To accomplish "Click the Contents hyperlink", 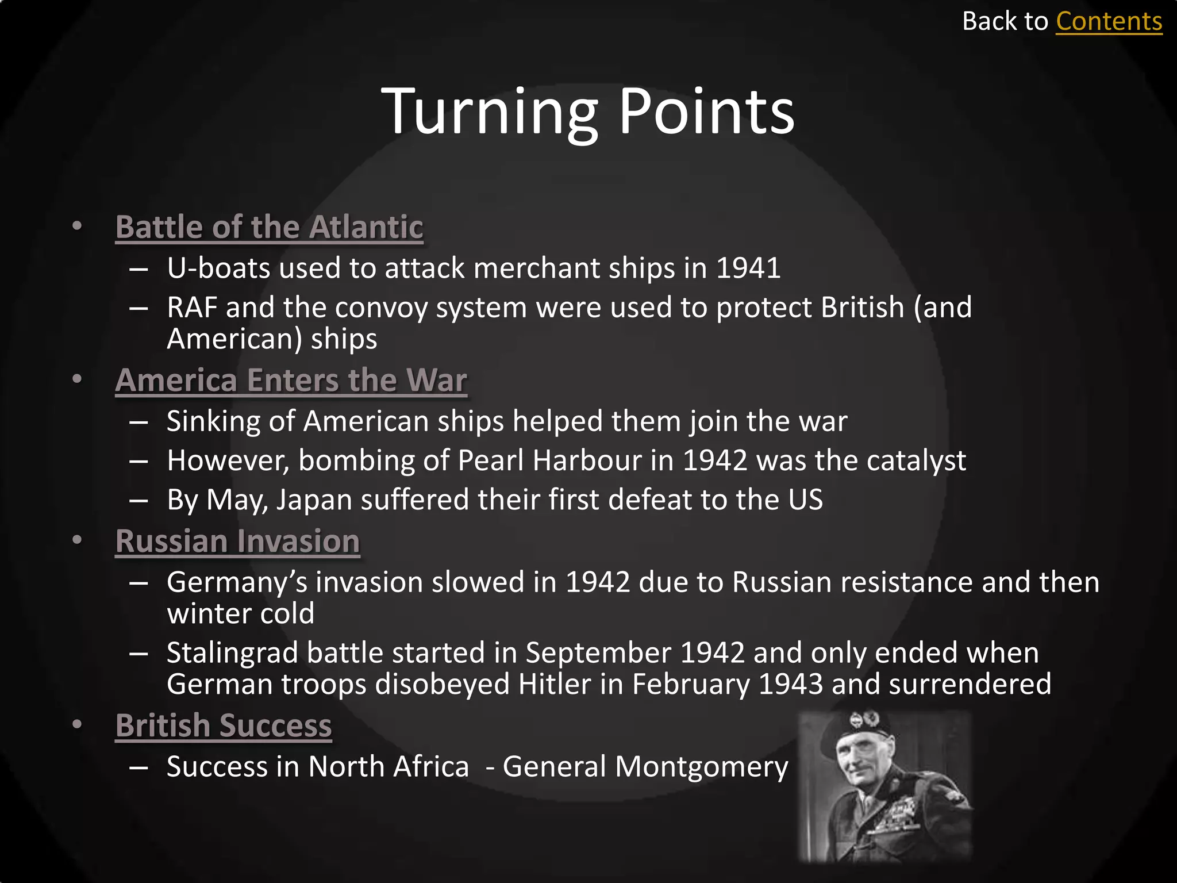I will pyautogui.click(x=1109, y=22).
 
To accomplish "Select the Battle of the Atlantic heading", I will pyautogui.click(x=269, y=227).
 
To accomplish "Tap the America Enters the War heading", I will pyautogui.click(x=291, y=380).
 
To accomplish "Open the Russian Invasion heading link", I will pyautogui.click(x=237, y=542).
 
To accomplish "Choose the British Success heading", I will pyautogui.click(x=224, y=725).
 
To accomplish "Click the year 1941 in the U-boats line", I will pyautogui.click(x=748, y=268).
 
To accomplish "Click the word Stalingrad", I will pyautogui.click(x=232, y=653).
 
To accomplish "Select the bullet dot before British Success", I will pyautogui.click(x=77, y=724).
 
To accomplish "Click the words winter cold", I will pyautogui.click(x=240, y=613).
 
